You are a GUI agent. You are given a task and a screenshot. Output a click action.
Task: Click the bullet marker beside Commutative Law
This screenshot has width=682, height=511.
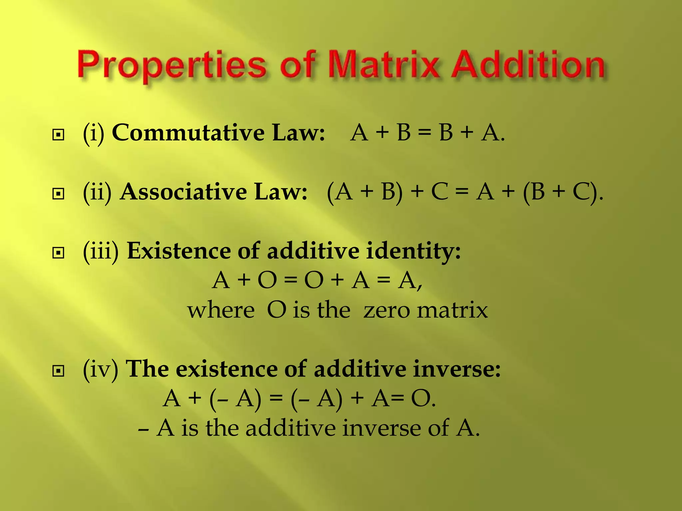(58, 135)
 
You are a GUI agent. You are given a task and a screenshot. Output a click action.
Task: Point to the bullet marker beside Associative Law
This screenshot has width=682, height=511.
(58, 194)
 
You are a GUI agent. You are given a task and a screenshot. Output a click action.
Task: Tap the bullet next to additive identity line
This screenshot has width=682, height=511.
(58, 253)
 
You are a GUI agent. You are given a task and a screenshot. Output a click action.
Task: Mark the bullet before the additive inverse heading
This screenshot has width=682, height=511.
(58, 371)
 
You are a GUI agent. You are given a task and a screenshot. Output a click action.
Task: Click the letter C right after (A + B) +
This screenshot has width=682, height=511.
(440, 192)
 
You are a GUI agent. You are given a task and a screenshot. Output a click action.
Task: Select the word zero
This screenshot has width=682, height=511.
(386, 310)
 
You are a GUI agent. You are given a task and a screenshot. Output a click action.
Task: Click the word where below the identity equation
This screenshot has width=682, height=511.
(221, 310)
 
